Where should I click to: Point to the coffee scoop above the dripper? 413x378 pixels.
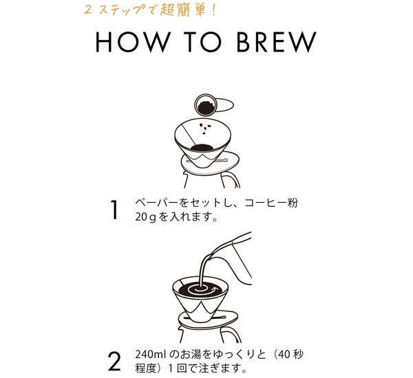pos(205,106)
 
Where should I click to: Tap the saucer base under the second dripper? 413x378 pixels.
pos(206,317)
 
